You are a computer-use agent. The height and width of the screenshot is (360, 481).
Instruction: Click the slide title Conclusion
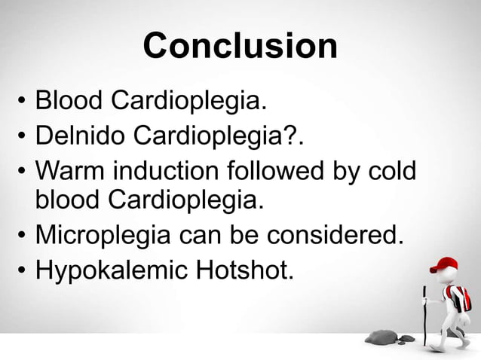point(240,46)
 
